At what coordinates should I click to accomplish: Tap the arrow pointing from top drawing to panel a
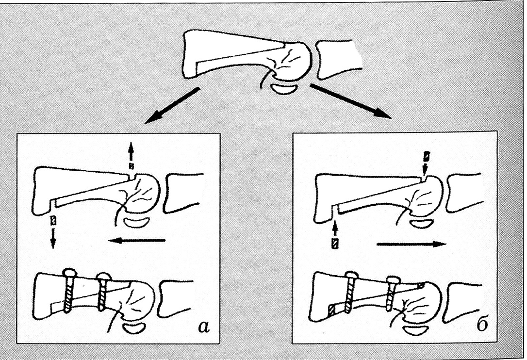click(x=172, y=106)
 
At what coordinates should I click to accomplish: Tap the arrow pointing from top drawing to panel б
click(x=350, y=101)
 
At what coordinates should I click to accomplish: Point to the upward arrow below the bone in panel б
click(x=335, y=236)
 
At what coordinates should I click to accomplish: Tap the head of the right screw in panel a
click(x=104, y=277)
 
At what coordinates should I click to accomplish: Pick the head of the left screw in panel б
click(x=351, y=275)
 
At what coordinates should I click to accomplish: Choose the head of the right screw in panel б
click(x=393, y=279)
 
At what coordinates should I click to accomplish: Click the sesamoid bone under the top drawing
click(x=284, y=89)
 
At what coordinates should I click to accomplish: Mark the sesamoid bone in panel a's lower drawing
click(x=133, y=328)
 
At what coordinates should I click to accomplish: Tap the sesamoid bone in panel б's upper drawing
click(x=420, y=223)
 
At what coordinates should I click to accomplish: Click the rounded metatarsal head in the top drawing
click(x=293, y=62)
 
